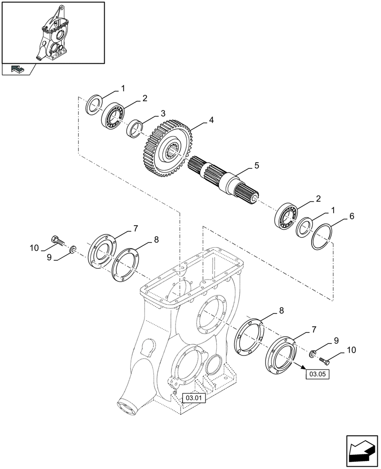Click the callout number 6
[x=351, y=216]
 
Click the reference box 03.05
[x=318, y=374]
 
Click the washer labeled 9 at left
[x=73, y=249]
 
